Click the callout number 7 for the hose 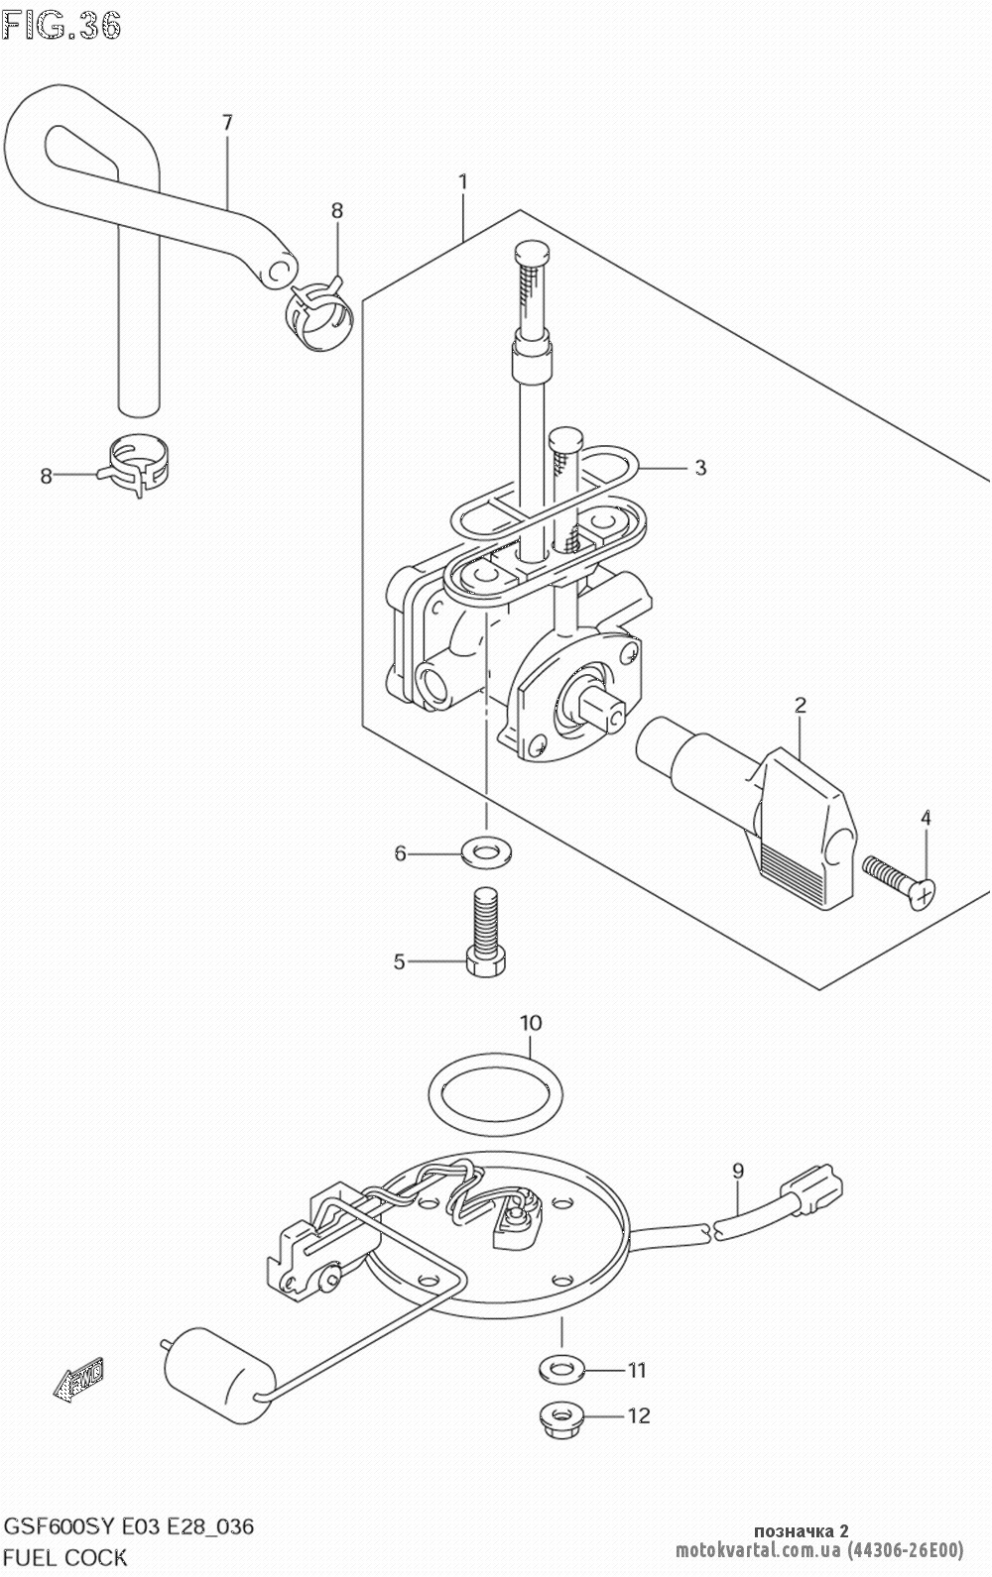[227, 124]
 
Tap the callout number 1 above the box [462, 182]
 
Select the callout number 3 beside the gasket [700, 468]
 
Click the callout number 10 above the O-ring [531, 1022]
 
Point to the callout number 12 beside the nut [640, 1415]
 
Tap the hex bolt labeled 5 [484, 932]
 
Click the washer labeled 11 [561, 1369]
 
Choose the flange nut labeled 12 [562, 1414]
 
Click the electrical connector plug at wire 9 [813, 1188]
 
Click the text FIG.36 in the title [62, 24]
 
